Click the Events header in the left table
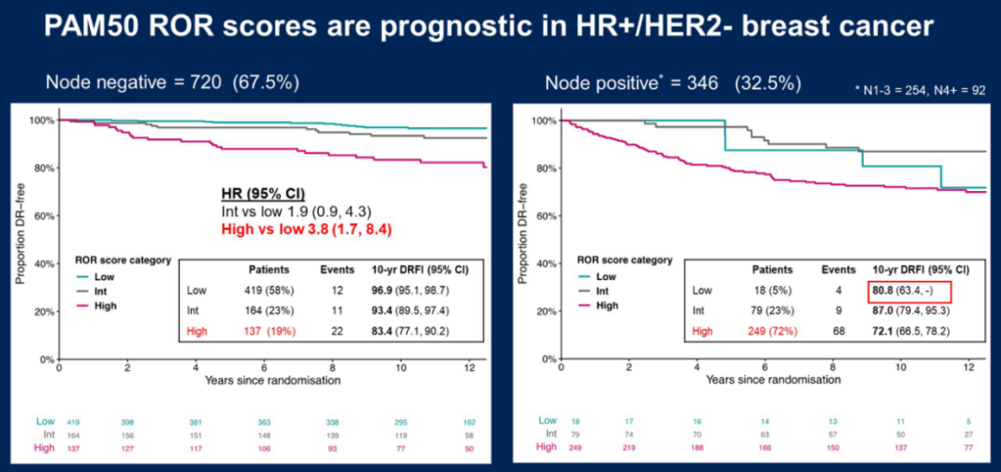click(337, 270)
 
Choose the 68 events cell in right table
click(838, 331)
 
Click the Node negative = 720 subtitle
click(172, 83)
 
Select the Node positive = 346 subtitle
click(672, 83)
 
